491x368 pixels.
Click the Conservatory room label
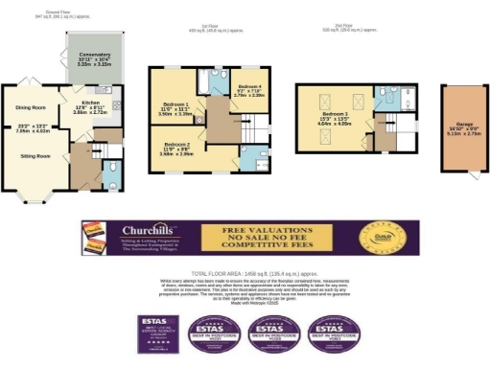coord(94,56)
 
